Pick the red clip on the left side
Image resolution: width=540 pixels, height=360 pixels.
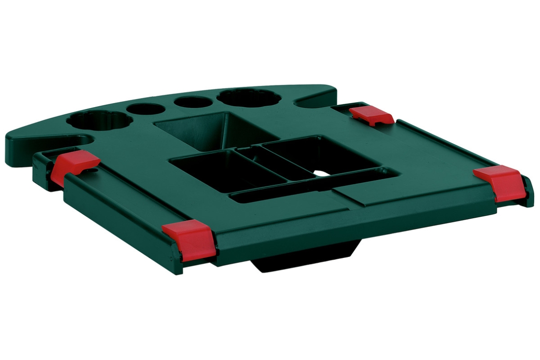pyautogui.click(x=76, y=166)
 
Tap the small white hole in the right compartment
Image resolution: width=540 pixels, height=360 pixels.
pyautogui.click(x=321, y=174)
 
